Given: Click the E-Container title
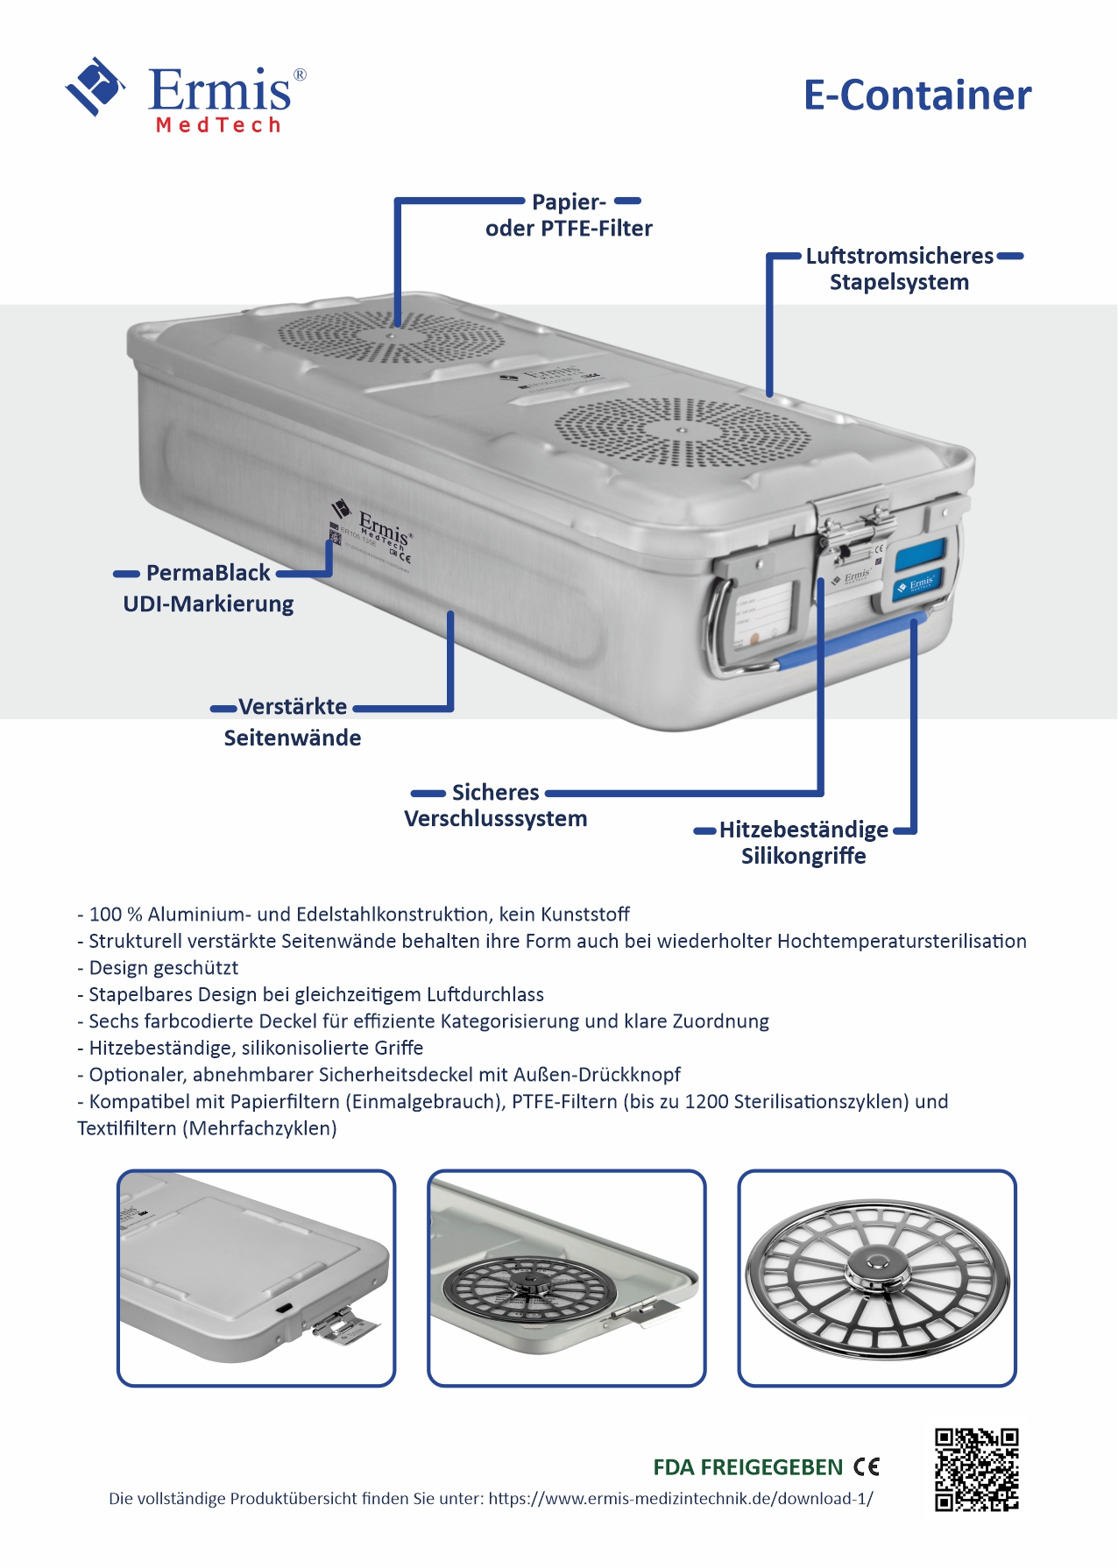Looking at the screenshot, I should [916, 95].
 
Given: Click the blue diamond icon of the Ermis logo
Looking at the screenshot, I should [95, 86].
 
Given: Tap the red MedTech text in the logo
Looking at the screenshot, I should [218, 125].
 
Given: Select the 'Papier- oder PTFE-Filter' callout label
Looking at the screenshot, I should [569, 215].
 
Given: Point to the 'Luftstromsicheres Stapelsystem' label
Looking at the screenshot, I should [899, 269].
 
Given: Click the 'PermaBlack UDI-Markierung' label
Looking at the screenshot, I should [209, 588].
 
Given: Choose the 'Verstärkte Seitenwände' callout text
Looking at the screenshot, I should [293, 722].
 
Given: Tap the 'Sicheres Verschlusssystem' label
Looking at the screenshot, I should [496, 806].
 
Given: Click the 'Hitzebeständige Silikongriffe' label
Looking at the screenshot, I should [803, 843].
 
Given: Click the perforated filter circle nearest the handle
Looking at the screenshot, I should [683, 432].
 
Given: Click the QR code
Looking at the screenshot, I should [976, 1469].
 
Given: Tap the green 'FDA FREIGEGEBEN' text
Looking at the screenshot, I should [747, 1467].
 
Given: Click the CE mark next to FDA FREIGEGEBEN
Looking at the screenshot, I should [867, 1466].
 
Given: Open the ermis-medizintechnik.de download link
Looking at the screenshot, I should [680, 1499].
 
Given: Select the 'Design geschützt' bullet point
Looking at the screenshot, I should [163, 968].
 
